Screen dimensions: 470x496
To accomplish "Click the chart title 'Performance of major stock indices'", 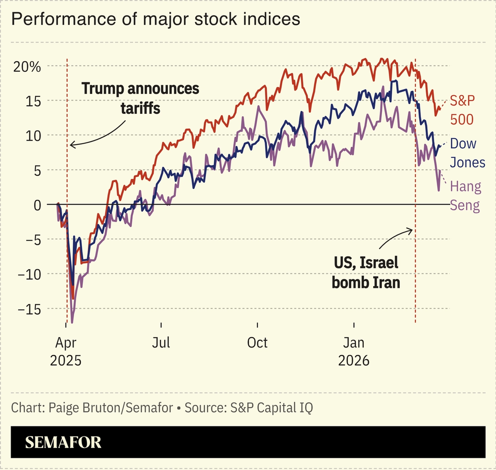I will tap(156, 19).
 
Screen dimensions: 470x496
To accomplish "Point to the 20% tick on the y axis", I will tap(26, 67).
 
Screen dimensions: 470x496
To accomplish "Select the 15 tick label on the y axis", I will tap(32, 101).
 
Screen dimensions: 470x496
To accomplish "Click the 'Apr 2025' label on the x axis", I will tap(66, 351).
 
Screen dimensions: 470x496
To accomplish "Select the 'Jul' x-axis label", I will tap(161, 343).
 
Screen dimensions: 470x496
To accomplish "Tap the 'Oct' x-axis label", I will tap(257, 343).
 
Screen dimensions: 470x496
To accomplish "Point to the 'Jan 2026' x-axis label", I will tap(354, 351).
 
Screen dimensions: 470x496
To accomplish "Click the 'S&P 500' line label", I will tap(462, 110).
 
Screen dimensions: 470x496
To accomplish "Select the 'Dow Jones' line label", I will tap(467, 153).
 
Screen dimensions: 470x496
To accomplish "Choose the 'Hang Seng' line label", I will tap(465, 195).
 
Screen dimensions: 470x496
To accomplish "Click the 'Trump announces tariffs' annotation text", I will tap(140, 98).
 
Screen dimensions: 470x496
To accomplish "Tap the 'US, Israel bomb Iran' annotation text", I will tap(366, 273).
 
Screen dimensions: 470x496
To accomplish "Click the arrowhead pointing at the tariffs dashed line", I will tap(71, 145).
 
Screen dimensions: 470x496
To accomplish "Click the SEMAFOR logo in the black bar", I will tap(63, 442).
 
